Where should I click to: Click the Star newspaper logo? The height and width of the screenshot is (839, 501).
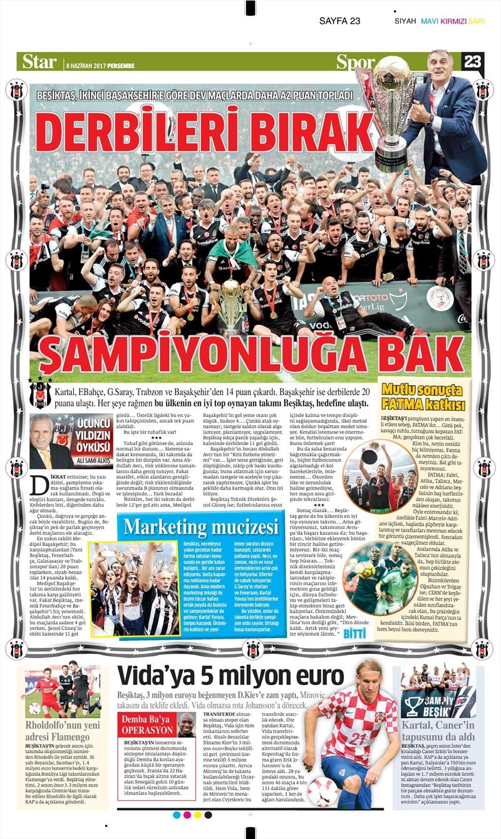(39, 61)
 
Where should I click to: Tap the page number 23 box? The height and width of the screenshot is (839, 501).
(473, 61)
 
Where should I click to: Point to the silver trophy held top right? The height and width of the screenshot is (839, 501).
(391, 106)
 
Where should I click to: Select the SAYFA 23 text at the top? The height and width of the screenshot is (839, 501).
(339, 21)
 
